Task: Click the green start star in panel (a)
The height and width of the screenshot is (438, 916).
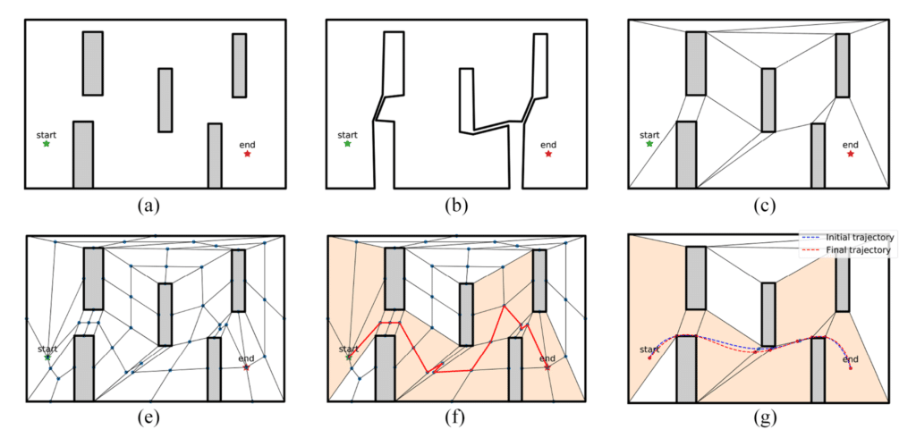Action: pos(47,144)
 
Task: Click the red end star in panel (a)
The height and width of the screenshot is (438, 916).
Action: pos(247,154)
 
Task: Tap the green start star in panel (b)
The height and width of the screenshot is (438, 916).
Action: pos(348,144)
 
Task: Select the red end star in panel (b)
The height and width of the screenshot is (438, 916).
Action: pos(548,154)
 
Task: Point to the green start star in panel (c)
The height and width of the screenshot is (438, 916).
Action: pos(649,144)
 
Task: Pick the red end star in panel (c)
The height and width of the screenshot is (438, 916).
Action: pos(851,154)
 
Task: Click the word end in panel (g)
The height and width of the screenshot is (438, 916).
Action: pos(851,358)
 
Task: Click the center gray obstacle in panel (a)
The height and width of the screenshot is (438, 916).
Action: pos(165,100)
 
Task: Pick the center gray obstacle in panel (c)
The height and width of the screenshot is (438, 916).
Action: pos(768,100)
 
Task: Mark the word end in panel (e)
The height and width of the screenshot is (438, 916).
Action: pos(247,358)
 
